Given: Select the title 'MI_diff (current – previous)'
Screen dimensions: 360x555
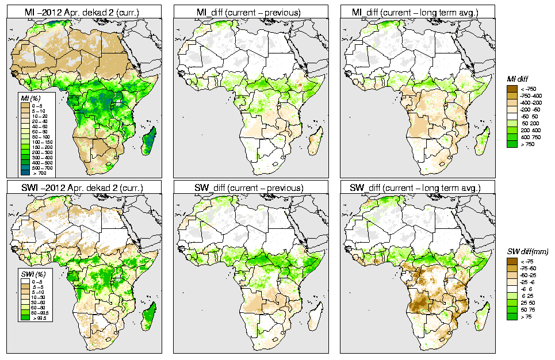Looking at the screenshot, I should pyautogui.click(x=251, y=11).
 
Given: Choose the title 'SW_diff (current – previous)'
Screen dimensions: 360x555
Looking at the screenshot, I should pyautogui.click(x=251, y=187).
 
